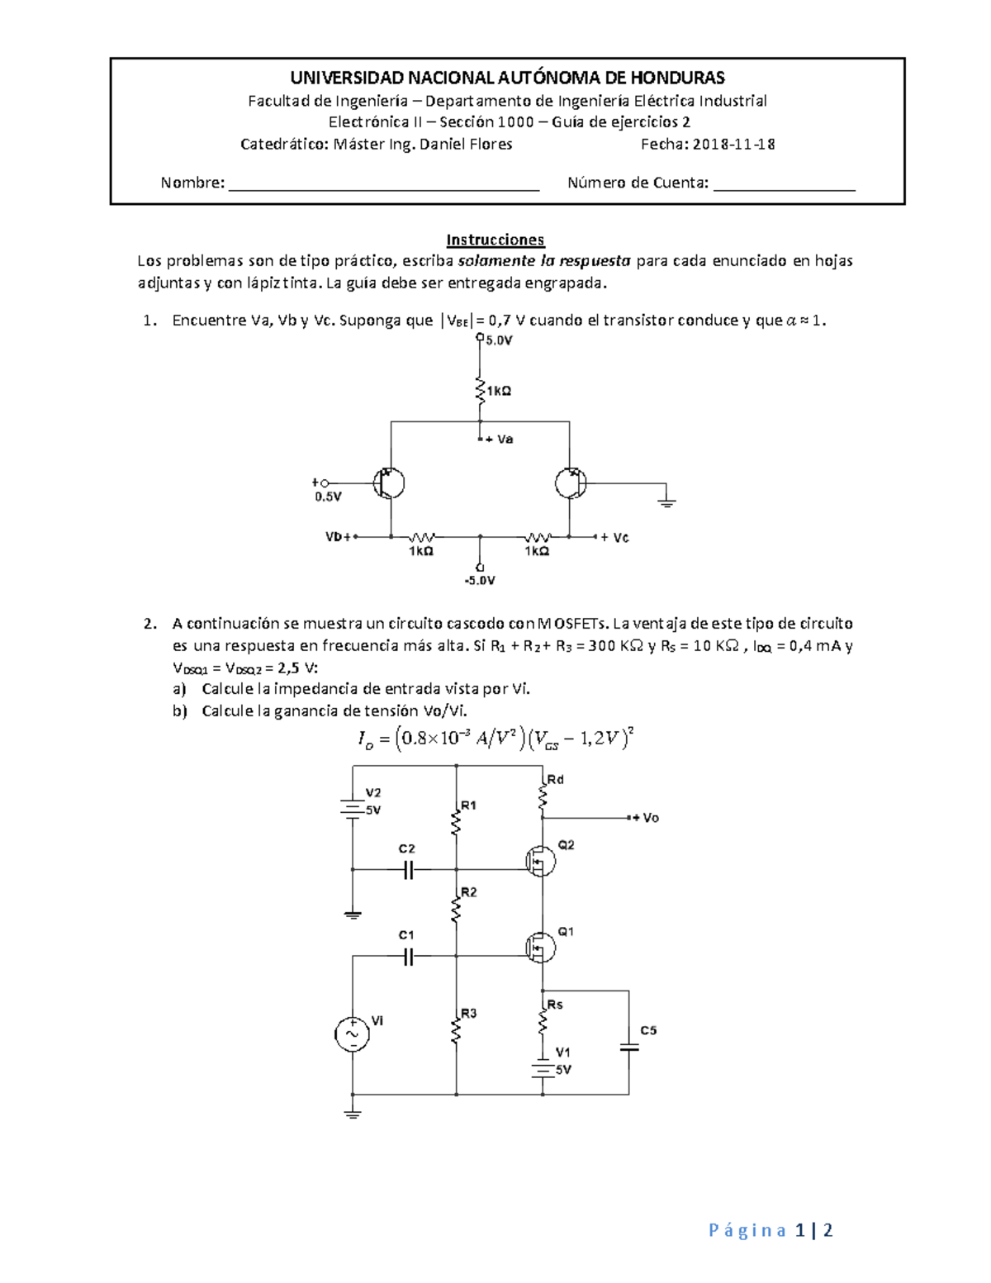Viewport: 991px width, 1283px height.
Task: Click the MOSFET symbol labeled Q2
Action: (541, 862)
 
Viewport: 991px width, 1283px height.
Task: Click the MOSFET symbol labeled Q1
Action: (541, 948)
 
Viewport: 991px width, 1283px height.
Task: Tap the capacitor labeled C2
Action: (408, 869)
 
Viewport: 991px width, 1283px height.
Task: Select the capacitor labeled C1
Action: (408, 957)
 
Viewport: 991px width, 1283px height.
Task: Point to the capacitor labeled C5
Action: (629, 1047)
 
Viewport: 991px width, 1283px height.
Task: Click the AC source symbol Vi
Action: (352, 1034)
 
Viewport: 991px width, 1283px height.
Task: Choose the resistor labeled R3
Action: (456, 1029)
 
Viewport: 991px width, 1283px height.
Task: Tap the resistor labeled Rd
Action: (543, 796)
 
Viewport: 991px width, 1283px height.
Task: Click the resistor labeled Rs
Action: (543, 1022)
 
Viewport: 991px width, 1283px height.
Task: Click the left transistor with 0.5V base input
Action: (388, 483)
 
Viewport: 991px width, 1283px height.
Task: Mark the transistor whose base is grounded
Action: (571, 483)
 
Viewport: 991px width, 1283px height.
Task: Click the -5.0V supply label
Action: (480, 581)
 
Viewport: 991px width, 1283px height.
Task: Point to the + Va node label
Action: (499, 440)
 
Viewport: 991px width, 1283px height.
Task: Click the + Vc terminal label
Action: (614, 538)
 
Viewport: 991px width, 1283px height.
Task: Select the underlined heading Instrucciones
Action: (495, 240)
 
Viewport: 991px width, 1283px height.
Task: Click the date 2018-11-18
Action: (733, 145)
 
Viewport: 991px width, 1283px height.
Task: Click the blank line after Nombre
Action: (384, 184)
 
